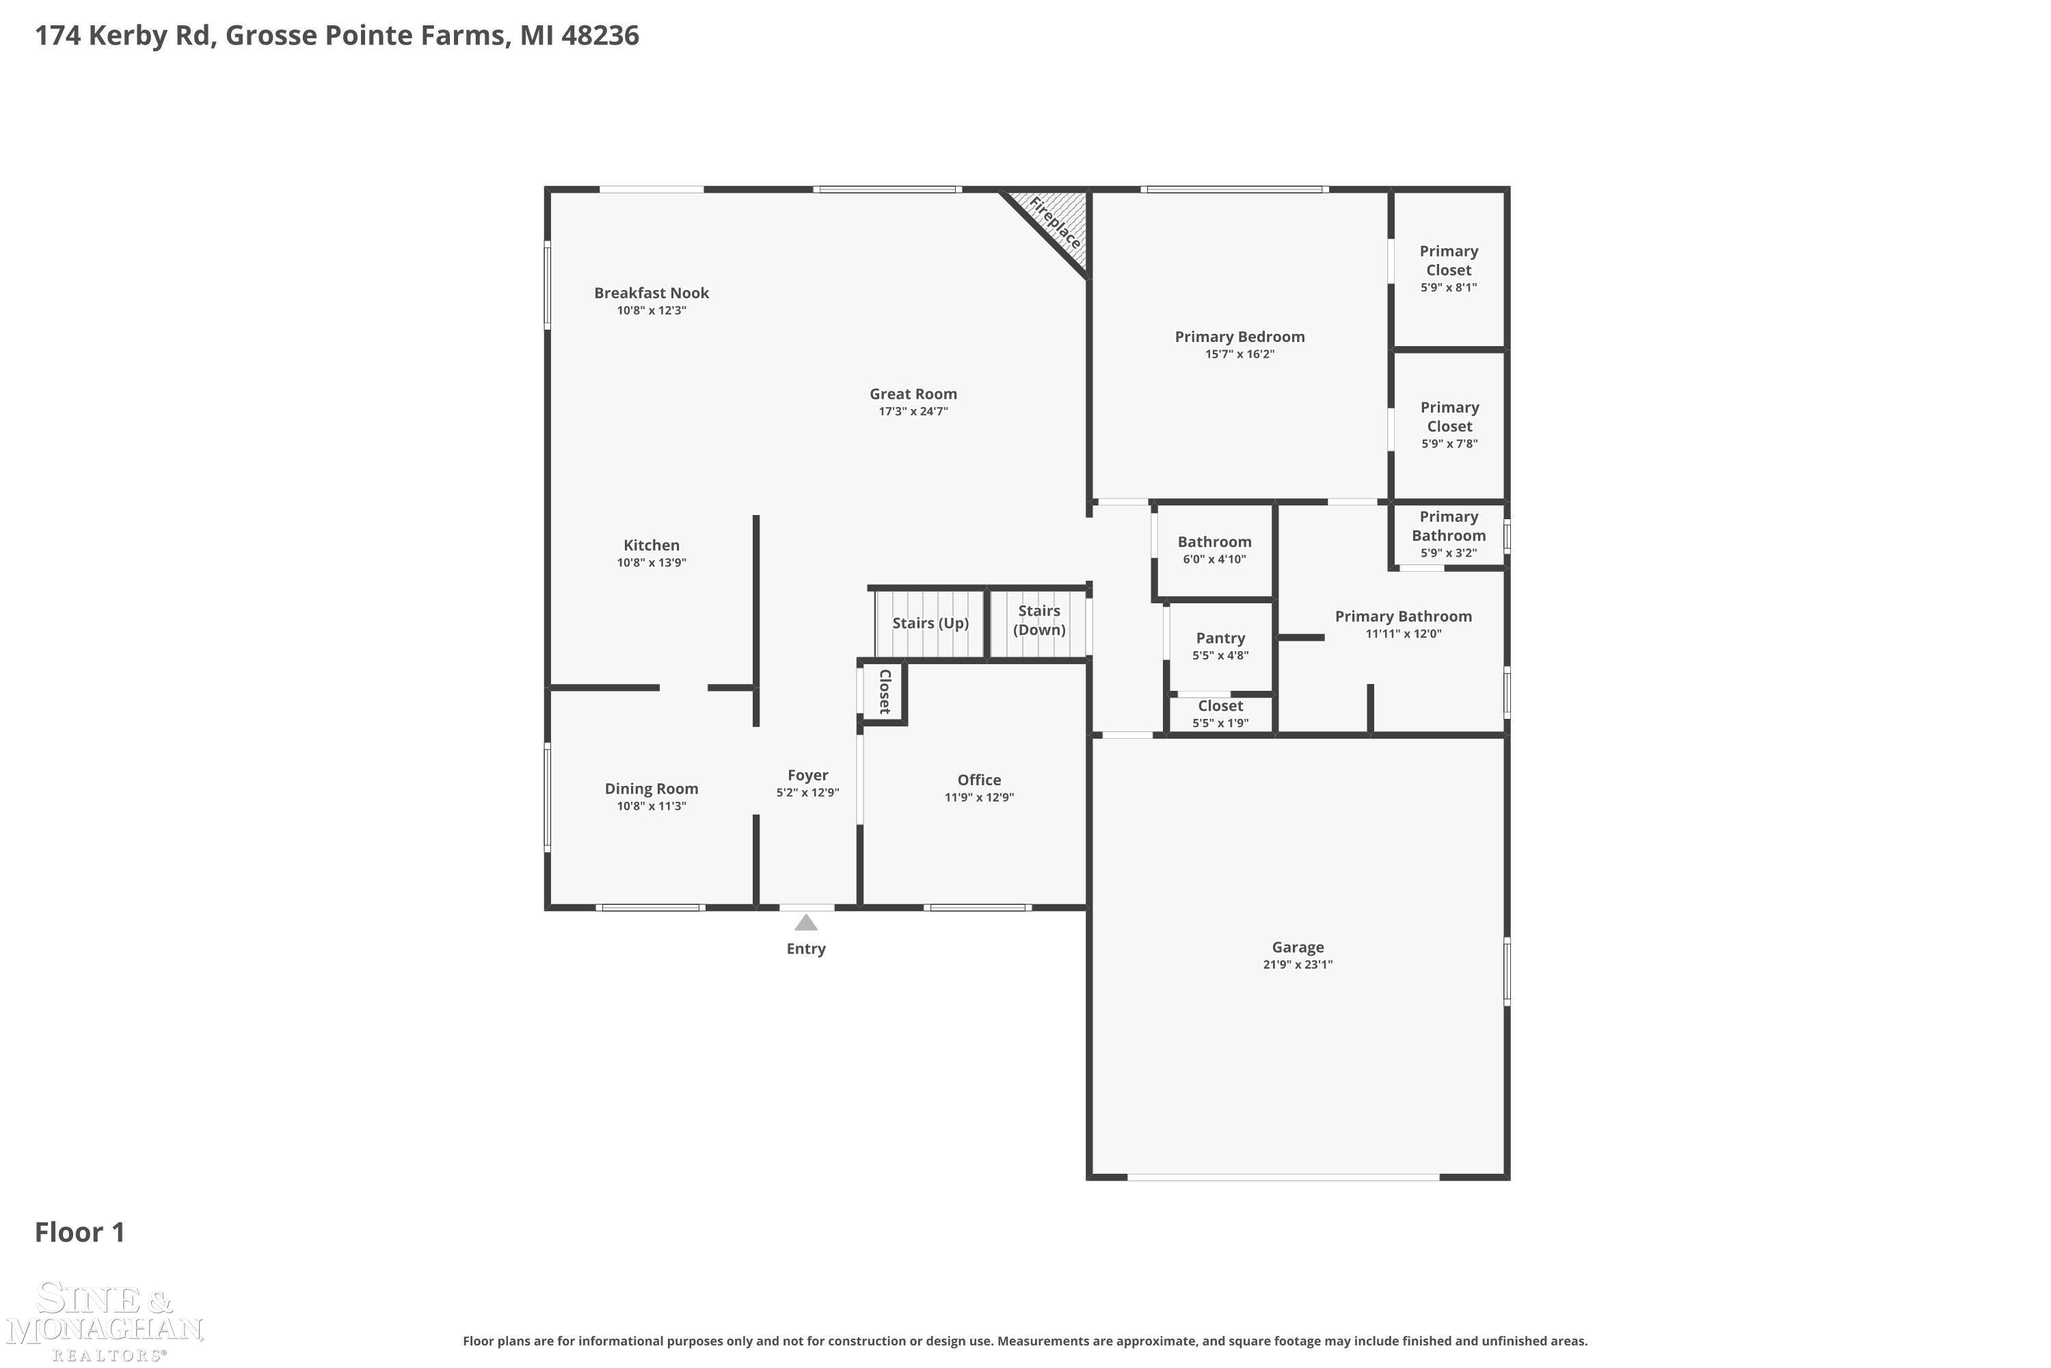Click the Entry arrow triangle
coord(806,922)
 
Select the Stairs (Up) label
coord(930,623)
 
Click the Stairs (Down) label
coord(1038,620)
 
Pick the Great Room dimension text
coord(912,412)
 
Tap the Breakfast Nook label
coord(652,293)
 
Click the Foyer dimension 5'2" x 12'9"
coord(807,793)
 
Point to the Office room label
coord(978,780)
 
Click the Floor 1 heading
coord(79,1232)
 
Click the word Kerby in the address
coord(145,36)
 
